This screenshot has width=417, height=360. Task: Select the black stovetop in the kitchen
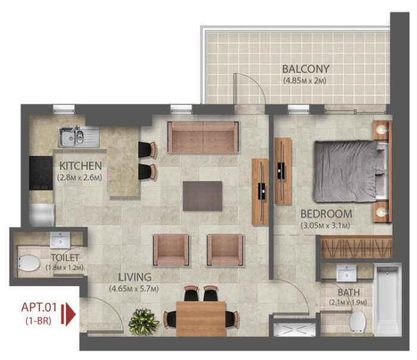pos(41,171)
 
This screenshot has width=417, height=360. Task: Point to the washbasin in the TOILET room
pos(61,241)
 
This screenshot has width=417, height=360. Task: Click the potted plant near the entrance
pos(144,321)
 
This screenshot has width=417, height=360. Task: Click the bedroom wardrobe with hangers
pos(356,246)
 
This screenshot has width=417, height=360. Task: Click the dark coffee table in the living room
pos(203,196)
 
